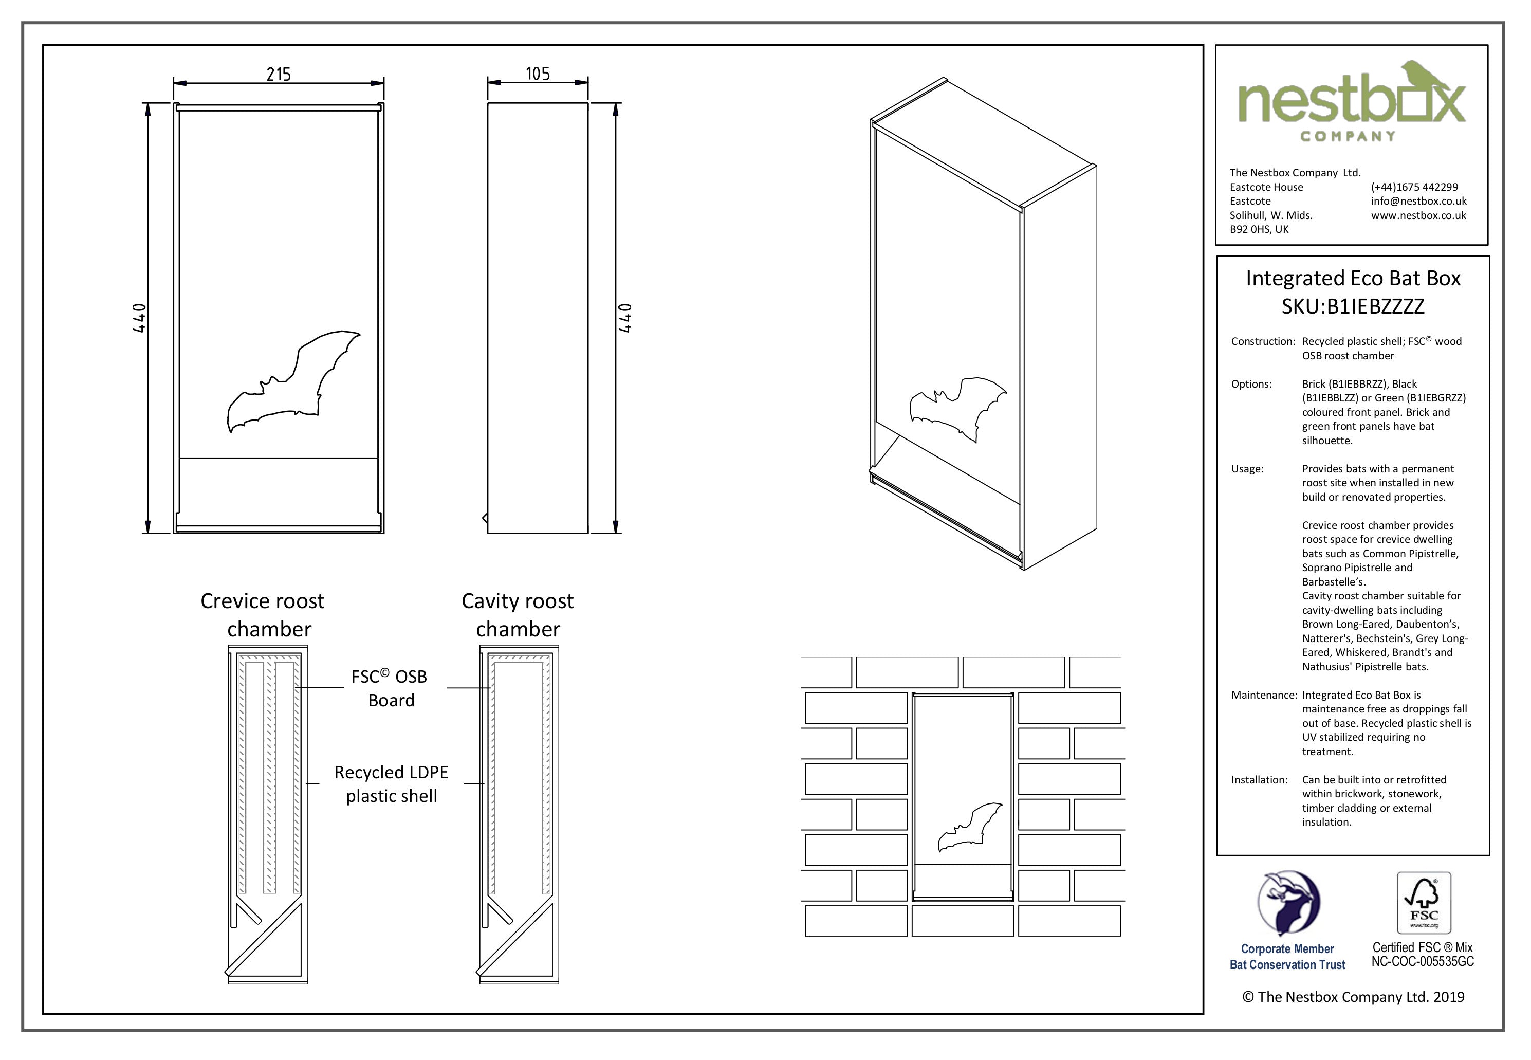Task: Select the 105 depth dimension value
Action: coord(538,73)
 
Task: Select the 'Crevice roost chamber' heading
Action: coord(264,614)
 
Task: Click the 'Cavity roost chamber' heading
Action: coord(518,614)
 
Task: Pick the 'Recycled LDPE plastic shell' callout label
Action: coord(391,784)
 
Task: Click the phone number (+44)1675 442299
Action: coord(1414,187)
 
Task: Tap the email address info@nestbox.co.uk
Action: coord(1419,200)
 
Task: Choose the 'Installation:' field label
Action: coord(1259,780)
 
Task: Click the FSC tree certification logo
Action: coord(1424,903)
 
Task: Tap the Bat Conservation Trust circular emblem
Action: coord(1288,903)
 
